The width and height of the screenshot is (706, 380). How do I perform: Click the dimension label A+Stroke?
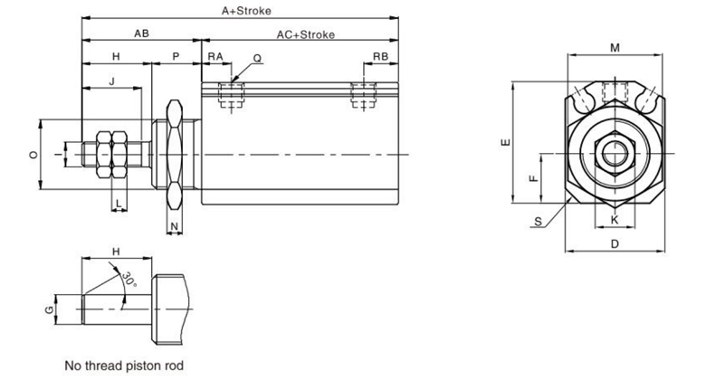click(247, 11)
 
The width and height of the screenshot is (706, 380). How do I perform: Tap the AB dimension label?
click(141, 33)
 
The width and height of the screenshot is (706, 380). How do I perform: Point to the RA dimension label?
click(215, 56)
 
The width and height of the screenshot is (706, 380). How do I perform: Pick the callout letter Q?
click(258, 57)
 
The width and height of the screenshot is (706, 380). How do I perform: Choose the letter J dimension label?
click(111, 81)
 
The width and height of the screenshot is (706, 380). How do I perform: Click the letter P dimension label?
click(176, 56)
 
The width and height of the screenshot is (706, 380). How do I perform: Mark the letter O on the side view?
click(33, 155)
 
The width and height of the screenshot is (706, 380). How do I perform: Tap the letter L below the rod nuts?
click(118, 201)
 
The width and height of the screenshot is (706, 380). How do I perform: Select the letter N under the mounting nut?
click(174, 223)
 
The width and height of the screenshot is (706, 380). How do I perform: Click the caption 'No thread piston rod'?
click(124, 366)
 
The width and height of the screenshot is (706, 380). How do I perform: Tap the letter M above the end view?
click(615, 46)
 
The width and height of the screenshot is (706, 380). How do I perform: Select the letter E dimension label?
click(507, 141)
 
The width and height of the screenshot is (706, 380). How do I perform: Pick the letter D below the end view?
click(614, 243)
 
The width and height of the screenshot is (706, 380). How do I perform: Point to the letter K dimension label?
click(614, 220)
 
